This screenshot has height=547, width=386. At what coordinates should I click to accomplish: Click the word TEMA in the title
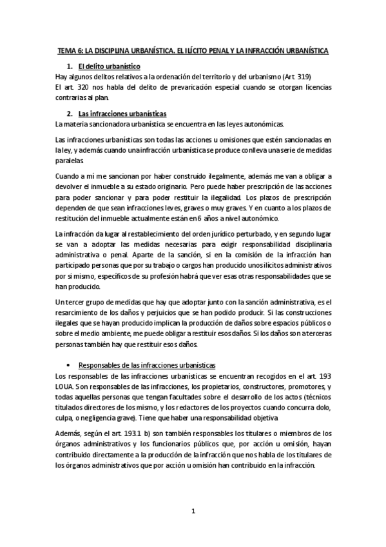(66, 50)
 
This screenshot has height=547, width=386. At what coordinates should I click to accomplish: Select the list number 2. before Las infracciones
(70, 114)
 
